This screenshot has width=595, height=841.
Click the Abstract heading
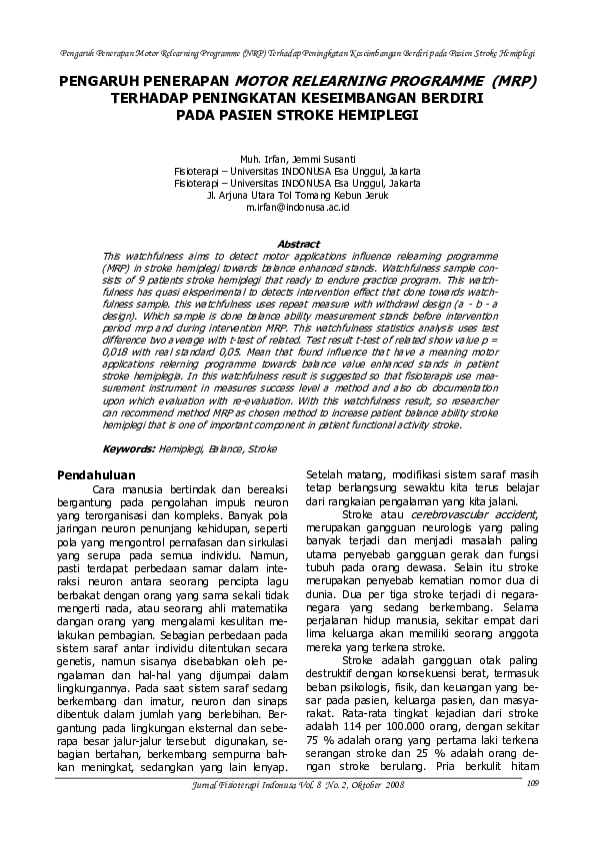[x=297, y=244]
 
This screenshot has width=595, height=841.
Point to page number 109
[x=531, y=810]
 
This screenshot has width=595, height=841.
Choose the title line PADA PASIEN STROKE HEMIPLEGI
[x=297, y=115]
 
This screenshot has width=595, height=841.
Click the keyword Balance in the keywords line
[x=226, y=449]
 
